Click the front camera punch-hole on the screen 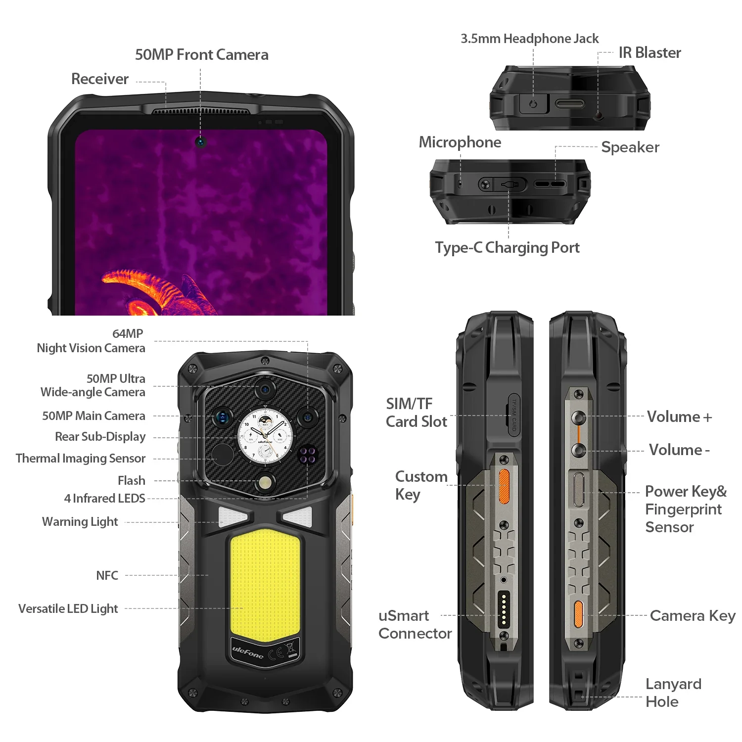[x=200, y=142]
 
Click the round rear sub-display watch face [x=265, y=435]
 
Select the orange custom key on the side [x=504, y=486]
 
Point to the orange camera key [x=578, y=614]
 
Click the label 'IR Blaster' [x=649, y=52]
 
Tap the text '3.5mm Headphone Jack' [x=529, y=39]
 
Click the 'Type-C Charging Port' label [x=507, y=247]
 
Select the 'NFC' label [x=107, y=575]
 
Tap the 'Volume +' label [x=680, y=417]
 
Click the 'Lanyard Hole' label [x=673, y=693]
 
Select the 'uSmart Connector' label [x=415, y=624]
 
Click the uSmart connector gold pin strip [x=504, y=608]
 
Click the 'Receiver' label [x=100, y=79]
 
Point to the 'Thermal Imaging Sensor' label [x=81, y=459]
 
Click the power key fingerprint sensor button [x=578, y=490]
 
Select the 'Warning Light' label [x=80, y=522]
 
